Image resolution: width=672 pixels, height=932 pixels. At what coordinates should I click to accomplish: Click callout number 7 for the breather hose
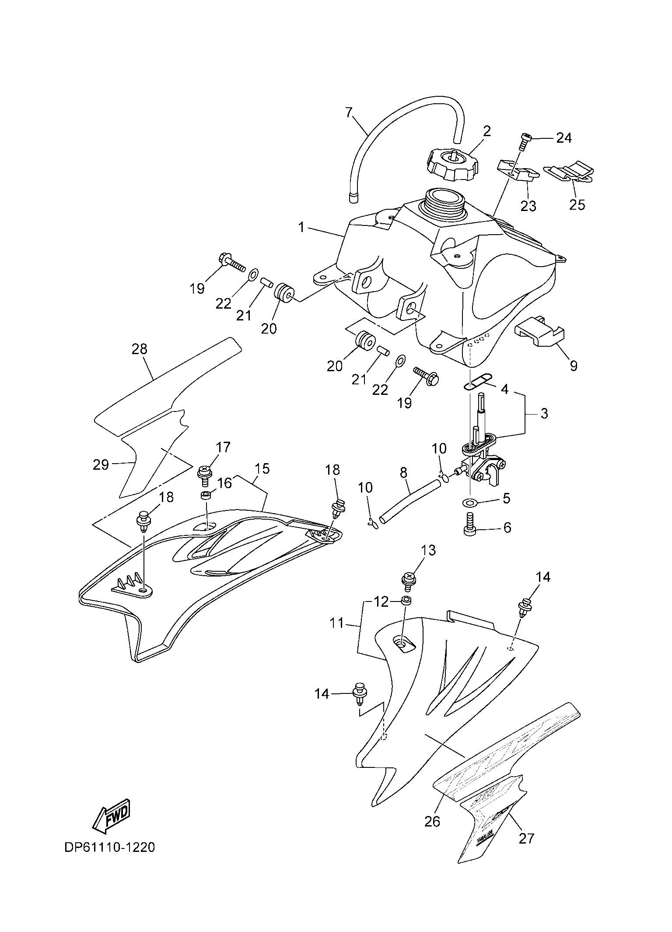point(349,113)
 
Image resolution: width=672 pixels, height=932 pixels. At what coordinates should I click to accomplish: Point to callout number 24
point(563,138)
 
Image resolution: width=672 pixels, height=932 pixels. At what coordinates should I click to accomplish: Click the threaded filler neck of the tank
point(444,204)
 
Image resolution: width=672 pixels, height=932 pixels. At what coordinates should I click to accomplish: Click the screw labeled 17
point(205,474)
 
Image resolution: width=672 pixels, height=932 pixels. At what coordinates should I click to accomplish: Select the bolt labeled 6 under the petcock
point(470,526)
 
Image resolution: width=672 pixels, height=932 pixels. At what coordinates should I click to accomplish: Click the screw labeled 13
point(409,580)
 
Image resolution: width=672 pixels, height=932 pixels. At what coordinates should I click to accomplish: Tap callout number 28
point(140,349)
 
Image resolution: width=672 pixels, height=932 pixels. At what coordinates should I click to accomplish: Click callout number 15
point(262,469)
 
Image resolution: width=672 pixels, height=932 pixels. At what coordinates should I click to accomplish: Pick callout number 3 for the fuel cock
point(544,413)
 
